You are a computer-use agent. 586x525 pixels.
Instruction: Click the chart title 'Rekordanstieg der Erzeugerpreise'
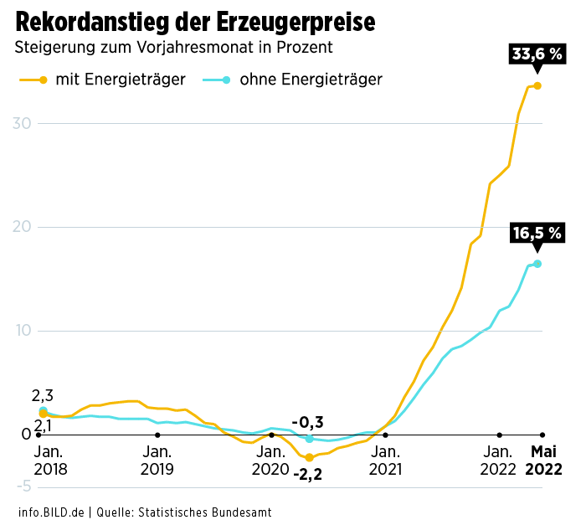(x=195, y=20)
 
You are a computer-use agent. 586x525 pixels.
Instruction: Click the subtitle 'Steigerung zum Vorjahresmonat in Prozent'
(x=173, y=48)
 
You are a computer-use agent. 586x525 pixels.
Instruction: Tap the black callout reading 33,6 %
(x=537, y=55)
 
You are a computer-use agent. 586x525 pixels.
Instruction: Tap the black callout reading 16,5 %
(x=537, y=234)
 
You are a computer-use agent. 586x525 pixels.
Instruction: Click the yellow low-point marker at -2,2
(x=309, y=457)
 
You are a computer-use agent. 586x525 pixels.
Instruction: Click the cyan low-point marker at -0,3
(x=309, y=439)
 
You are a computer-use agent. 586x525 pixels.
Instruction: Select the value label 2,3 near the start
(x=43, y=396)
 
